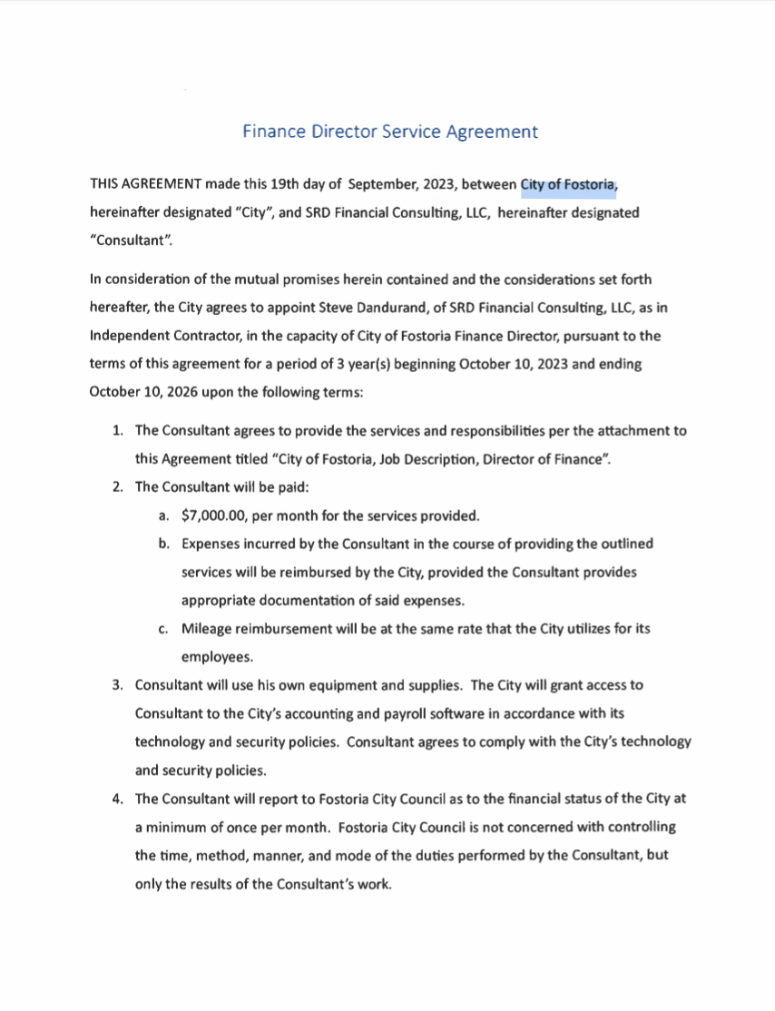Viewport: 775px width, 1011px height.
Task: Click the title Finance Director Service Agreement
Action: [x=390, y=132]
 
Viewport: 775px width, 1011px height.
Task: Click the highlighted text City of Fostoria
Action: [x=569, y=186]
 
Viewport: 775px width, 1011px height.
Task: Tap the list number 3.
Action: [x=118, y=684]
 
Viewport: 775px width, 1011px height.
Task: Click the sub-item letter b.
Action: [x=163, y=545]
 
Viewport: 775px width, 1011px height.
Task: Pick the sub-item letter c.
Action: [x=163, y=629]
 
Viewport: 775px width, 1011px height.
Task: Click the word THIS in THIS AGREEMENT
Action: [x=105, y=186]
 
